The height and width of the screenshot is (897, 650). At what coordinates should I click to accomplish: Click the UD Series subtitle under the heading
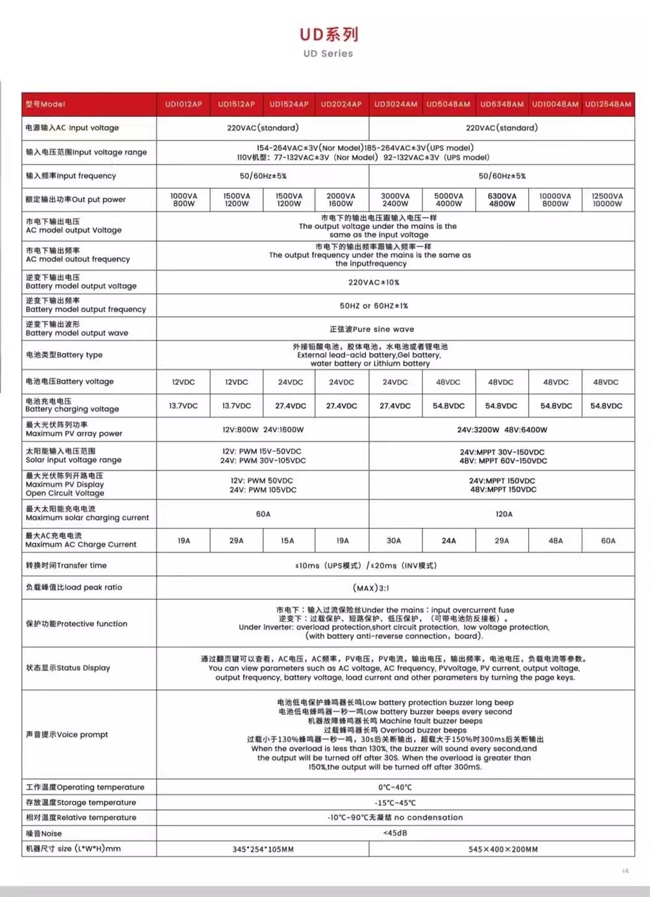pyautogui.click(x=328, y=54)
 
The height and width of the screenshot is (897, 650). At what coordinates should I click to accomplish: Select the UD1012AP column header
pyautogui.click(x=183, y=104)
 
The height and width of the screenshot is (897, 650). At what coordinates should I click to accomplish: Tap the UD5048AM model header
pyautogui.click(x=448, y=104)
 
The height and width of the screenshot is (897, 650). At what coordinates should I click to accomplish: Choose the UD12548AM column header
pyautogui.click(x=608, y=104)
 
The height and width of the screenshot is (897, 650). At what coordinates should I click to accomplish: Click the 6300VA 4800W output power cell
pyautogui.click(x=502, y=200)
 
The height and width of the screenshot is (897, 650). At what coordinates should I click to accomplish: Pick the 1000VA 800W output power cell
pyautogui.click(x=183, y=200)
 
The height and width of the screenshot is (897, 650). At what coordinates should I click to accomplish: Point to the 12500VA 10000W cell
pyautogui.click(x=607, y=200)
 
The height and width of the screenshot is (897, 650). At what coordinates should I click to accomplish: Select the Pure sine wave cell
pyautogui.click(x=372, y=330)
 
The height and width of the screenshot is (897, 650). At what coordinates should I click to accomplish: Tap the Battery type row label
pyautogui.click(x=64, y=355)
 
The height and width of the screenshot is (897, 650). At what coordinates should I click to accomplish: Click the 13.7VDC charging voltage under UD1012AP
pyautogui.click(x=183, y=406)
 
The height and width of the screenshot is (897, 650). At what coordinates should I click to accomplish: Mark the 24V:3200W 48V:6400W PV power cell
pyautogui.click(x=502, y=430)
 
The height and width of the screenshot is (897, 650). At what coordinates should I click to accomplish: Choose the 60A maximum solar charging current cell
pyautogui.click(x=263, y=514)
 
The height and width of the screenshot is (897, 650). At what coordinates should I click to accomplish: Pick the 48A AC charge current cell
pyautogui.click(x=556, y=541)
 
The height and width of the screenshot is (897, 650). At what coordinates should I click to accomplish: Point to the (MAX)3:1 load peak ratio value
pyautogui.click(x=371, y=588)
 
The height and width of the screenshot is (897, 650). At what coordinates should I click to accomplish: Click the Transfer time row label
pyautogui.click(x=66, y=565)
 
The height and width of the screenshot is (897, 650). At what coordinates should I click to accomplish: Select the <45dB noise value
pyautogui.click(x=395, y=833)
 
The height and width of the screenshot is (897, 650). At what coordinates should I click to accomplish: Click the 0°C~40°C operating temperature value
pyautogui.click(x=395, y=787)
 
